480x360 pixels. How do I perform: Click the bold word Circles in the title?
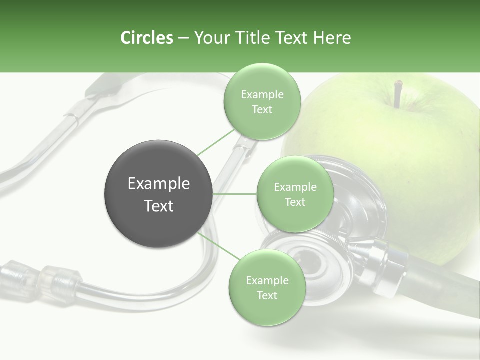tap(146, 38)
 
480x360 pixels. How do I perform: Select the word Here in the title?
tap(332, 38)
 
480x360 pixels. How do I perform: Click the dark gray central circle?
tap(158, 194)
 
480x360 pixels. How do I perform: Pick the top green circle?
tap(262, 102)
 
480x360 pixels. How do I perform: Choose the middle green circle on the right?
tap(295, 194)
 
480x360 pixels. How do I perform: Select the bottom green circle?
tap(266, 287)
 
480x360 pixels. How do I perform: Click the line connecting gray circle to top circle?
tap(216, 141)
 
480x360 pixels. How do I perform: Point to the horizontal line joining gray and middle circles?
tap(234, 194)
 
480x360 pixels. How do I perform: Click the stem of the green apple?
tap(398, 94)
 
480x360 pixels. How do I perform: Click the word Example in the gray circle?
tap(158, 184)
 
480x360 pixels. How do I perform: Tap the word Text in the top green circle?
tap(262, 110)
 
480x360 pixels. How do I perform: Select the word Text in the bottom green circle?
tap(267, 295)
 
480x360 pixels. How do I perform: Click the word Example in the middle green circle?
tap(295, 187)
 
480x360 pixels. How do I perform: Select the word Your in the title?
tap(210, 38)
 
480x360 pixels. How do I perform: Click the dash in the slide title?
tap(183, 38)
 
